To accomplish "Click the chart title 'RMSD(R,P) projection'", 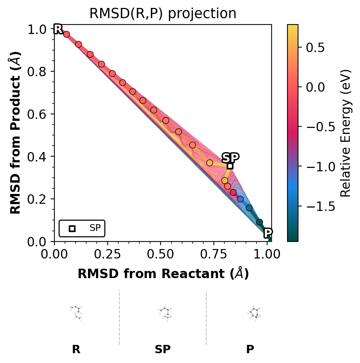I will tap(162, 14).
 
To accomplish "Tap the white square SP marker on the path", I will tap(230, 166).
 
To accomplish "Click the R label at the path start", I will tap(58, 29).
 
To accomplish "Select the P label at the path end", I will tap(268, 233).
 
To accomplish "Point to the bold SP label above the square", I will tap(230, 157).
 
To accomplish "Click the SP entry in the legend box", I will tap(95, 228).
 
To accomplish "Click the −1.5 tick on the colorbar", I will tap(317, 206).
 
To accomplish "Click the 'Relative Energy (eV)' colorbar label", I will tap(346, 133).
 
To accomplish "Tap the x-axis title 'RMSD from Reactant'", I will tap(163, 274).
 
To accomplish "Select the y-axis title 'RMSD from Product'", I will tap(15, 133).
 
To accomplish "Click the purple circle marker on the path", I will tap(240, 199).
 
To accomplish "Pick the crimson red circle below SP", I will tap(233, 192).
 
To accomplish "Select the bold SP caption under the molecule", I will tap(163, 350).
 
